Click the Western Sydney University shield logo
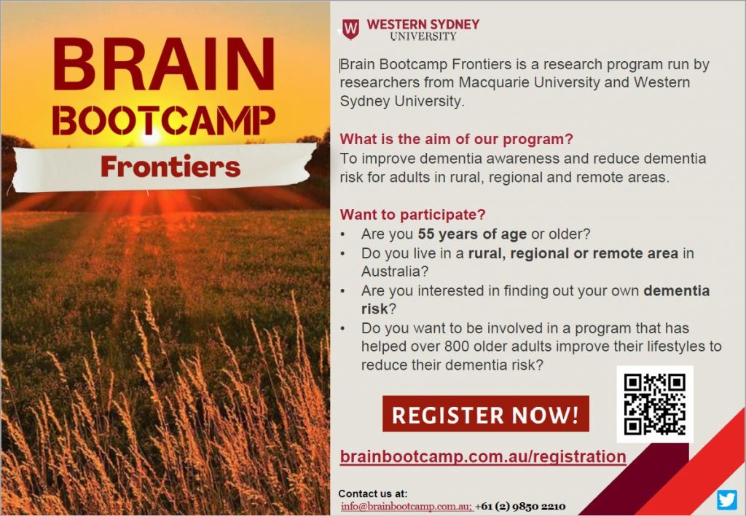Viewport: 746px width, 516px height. (x=350, y=29)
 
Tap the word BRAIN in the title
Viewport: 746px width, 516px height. (x=164, y=64)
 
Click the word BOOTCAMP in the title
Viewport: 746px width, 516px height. (x=164, y=120)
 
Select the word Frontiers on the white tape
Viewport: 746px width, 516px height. (x=170, y=166)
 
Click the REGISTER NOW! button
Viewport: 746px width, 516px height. (x=486, y=414)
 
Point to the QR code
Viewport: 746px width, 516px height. (x=655, y=405)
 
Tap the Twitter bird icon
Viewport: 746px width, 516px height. (x=726, y=500)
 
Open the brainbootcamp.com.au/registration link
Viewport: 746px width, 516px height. (x=483, y=456)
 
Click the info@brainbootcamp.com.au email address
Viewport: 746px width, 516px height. (x=406, y=507)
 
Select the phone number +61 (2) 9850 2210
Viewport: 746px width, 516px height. (x=520, y=507)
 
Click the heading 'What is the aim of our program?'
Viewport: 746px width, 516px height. (x=456, y=139)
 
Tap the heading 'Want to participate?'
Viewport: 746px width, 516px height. (x=412, y=215)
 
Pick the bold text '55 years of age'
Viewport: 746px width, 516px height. (x=472, y=234)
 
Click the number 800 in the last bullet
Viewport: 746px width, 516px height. (x=456, y=346)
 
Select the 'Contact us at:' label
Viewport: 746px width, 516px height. (x=373, y=493)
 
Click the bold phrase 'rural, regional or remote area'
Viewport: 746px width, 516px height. (x=573, y=254)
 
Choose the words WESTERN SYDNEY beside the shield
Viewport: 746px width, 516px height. (x=423, y=25)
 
